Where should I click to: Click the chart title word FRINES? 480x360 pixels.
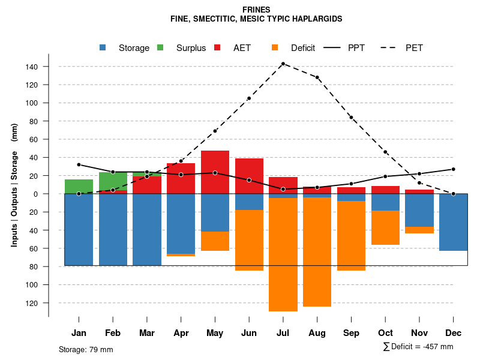[256, 10]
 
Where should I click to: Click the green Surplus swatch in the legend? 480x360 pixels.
[161, 47]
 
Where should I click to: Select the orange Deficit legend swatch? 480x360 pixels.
[275, 47]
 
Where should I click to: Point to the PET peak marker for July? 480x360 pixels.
[283, 64]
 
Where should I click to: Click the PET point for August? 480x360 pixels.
[317, 77]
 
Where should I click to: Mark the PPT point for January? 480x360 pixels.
[79, 164]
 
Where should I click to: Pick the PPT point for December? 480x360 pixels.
[454, 169]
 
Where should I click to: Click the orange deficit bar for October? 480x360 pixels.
[386, 227]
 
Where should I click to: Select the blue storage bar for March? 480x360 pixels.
[147, 229]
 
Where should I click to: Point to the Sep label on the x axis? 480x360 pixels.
[352, 333]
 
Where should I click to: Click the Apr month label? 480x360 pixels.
[181, 333]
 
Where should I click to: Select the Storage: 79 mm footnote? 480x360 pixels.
[86, 349]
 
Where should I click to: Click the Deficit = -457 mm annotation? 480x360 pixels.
[418, 346]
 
